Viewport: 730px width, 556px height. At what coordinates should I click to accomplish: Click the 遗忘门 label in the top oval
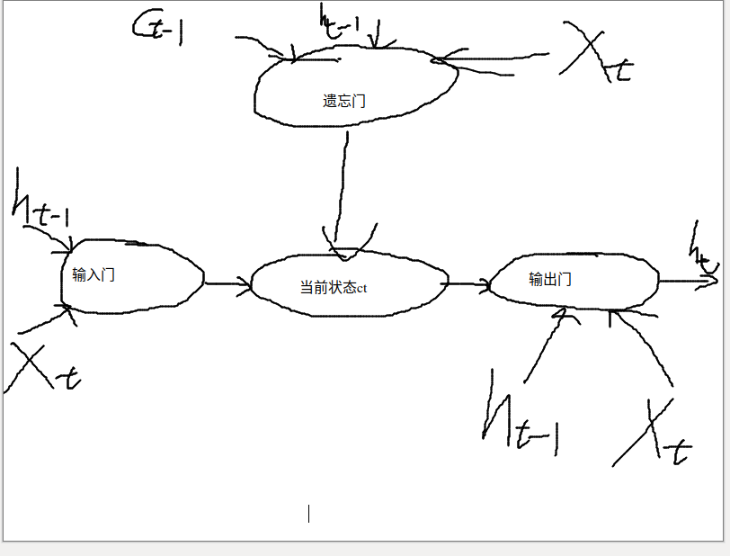pos(344,101)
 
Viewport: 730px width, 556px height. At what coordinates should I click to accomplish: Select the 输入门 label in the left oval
pos(93,274)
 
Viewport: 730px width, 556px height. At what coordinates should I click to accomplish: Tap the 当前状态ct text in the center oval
pos(334,288)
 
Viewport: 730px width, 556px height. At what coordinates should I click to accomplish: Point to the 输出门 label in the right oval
pos(550,279)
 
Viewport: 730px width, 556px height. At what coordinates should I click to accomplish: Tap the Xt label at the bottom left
pos(40,369)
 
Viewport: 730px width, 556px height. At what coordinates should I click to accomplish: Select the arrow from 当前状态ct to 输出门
pos(465,284)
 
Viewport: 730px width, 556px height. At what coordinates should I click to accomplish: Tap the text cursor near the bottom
pos(309,514)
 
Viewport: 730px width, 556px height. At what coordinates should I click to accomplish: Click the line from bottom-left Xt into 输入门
pos(40,320)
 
